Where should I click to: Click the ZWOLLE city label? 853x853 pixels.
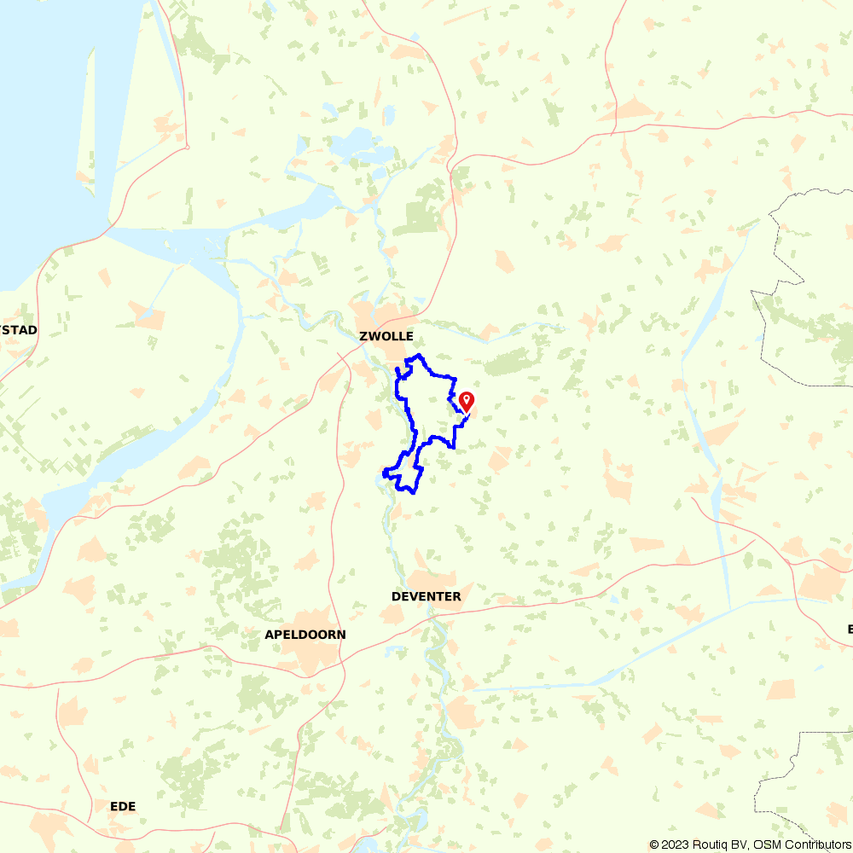click(x=386, y=337)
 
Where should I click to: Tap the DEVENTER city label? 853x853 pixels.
click(x=426, y=596)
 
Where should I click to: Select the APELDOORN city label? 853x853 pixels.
click(x=305, y=635)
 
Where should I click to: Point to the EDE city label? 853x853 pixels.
click(x=123, y=806)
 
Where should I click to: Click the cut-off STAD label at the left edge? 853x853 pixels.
click(x=19, y=329)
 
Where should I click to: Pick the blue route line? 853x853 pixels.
click(x=398, y=392)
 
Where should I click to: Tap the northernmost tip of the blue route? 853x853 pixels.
click(x=418, y=355)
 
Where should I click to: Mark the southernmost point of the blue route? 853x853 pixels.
click(x=414, y=492)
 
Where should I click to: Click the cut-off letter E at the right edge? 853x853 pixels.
click(x=850, y=630)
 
